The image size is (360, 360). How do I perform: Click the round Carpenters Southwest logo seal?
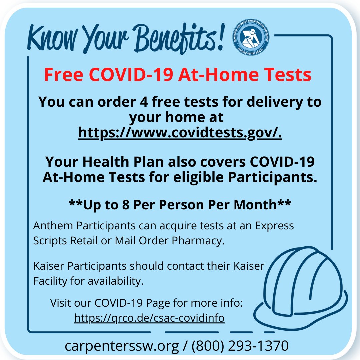(x=250, y=37)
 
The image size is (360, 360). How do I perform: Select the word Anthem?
(x=53, y=226)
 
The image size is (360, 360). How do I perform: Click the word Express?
(x=274, y=226)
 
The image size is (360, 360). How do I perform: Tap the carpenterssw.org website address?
(x=122, y=346)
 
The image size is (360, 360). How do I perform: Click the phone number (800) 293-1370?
(x=240, y=346)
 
